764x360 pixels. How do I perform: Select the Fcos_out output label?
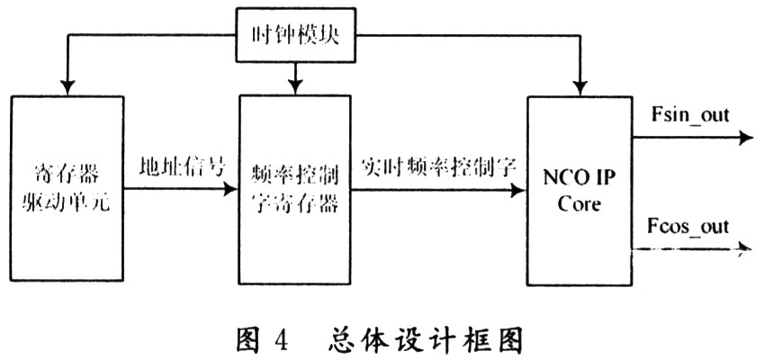pyautogui.click(x=688, y=227)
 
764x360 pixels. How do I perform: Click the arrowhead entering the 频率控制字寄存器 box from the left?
pyautogui.click(x=232, y=191)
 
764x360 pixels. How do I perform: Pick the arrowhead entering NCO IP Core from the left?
pyautogui.click(x=520, y=191)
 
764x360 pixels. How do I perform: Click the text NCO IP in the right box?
pyautogui.click(x=581, y=177)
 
